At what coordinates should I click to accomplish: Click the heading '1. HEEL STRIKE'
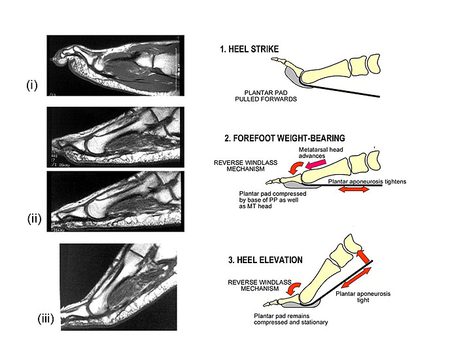[x=251, y=48]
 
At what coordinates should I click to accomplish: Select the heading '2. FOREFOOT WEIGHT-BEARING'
[x=282, y=138]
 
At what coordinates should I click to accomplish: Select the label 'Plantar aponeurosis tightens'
[x=353, y=177]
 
